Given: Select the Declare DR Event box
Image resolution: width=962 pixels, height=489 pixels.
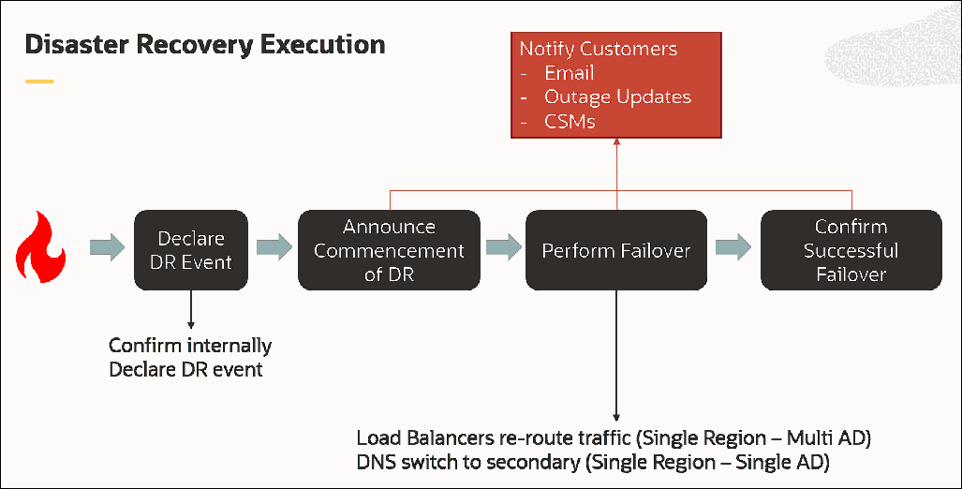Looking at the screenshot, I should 190,249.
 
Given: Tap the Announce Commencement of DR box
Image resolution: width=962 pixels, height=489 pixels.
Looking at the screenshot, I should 389,250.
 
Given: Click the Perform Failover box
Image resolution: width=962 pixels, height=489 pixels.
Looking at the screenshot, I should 616,250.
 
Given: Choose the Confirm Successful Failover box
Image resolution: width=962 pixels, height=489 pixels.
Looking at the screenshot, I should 851,250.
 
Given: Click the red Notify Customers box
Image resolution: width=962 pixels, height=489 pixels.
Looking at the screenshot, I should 616,84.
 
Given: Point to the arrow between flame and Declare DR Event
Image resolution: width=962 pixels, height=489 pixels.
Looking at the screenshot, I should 107,248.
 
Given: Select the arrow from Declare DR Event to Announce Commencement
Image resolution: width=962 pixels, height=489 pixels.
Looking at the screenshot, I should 273,248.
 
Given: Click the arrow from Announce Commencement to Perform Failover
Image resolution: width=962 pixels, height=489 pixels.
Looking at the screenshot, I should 503,248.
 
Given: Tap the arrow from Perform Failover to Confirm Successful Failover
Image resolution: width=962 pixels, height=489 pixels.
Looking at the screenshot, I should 733,248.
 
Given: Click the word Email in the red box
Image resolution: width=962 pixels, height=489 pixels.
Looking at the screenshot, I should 569,73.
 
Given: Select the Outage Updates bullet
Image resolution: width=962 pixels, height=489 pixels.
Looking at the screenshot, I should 617,97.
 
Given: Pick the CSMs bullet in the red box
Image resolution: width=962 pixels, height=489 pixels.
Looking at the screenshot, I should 570,122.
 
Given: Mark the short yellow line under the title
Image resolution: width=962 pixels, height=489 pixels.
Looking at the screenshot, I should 38,81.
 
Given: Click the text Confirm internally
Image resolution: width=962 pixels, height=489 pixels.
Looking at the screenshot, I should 190,346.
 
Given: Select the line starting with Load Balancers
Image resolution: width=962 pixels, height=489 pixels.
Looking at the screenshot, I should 614,438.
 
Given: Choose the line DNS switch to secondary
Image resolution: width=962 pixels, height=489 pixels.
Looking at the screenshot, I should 594,463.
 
